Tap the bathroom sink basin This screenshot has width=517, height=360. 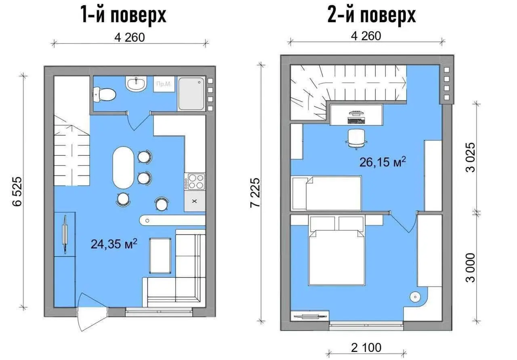point(136,84)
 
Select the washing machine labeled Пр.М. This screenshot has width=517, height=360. point(164,84)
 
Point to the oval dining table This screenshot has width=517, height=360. point(123,167)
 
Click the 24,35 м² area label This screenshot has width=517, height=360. point(114,244)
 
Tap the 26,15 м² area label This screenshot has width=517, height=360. point(382,162)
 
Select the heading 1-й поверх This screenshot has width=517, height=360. point(124,15)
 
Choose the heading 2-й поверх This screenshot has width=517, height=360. point(372,15)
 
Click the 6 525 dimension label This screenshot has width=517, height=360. point(17,191)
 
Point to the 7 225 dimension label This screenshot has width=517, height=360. point(255,193)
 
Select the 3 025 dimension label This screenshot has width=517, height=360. point(471,157)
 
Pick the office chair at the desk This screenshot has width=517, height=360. point(356,138)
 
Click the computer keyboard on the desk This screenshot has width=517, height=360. point(356,120)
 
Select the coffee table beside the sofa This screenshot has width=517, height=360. point(160,255)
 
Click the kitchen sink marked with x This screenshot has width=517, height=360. point(195,201)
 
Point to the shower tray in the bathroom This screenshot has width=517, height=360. point(191,94)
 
